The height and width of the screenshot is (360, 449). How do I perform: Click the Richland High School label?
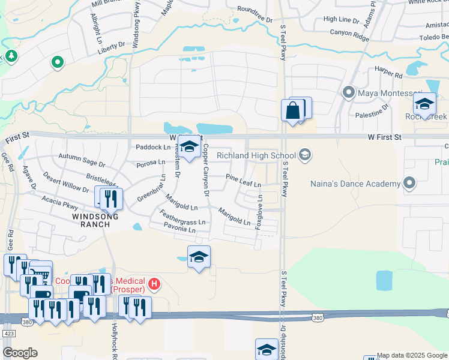pyautogui.click(x=256, y=155)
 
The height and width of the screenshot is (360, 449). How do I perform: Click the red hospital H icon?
pyautogui.click(x=154, y=283)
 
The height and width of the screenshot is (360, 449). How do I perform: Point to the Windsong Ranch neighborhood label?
pyautogui.click(x=92, y=220)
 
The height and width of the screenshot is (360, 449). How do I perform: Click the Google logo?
pyautogui.click(x=20, y=353)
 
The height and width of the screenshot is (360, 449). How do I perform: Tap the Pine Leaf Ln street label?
pyautogui.click(x=243, y=181)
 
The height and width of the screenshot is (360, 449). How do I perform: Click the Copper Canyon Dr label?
pyautogui.click(x=205, y=170)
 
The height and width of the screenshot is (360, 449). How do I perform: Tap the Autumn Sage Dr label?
pyautogui.click(x=82, y=160)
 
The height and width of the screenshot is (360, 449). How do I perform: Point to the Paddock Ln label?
pyautogui.click(x=152, y=147)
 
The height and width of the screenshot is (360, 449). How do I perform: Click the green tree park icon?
pyautogui.click(x=11, y=56)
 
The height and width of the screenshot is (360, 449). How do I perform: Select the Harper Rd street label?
pyautogui.click(x=388, y=76)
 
